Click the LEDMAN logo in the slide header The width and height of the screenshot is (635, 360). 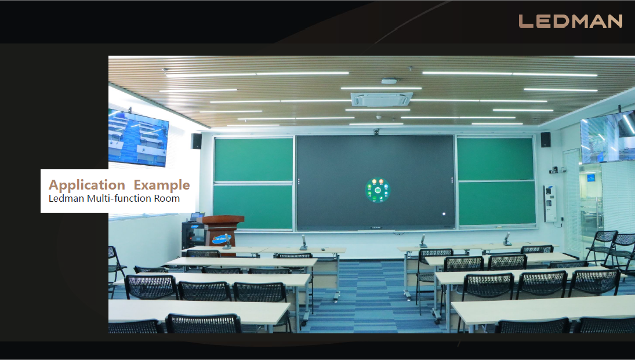coord(570,21)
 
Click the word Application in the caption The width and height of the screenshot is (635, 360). coord(86,185)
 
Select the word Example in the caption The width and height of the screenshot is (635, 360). coord(162,185)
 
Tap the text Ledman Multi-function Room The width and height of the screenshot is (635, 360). coord(114,198)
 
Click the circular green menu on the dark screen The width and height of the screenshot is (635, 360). coord(378,190)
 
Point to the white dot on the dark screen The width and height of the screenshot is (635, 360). coord(444,214)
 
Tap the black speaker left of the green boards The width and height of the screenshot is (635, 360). coord(197,141)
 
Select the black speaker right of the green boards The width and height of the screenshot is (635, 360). coord(546,140)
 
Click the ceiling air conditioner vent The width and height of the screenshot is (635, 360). coord(382,99)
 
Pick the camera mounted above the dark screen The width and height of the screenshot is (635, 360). coord(376,132)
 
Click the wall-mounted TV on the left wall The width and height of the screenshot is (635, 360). coord(138,138)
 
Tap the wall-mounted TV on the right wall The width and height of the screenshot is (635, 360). coord(608,136)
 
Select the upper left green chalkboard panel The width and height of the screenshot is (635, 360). coord(253,159)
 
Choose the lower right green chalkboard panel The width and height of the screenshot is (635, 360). coord(497,203)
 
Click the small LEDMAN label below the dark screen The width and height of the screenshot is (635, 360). coord(376,228)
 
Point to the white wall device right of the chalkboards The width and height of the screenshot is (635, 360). coord(550,203)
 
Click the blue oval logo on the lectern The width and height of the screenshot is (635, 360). coord(222,239)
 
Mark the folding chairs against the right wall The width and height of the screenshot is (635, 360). coord(611,248)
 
